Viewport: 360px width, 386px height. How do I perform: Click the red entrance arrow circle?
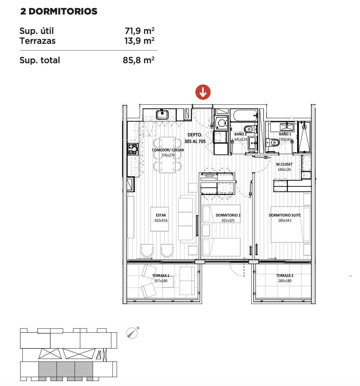pos(203,92)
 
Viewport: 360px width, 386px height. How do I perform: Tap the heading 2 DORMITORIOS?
pos(59,11)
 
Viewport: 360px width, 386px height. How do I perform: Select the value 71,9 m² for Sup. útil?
pos(140,31)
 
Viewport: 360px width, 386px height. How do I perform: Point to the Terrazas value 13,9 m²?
pos(139,41)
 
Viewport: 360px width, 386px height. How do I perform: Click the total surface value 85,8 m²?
pos(139,60)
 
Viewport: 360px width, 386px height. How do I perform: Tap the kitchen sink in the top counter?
pos(162,115)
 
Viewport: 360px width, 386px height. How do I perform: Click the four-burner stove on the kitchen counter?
pos(133,149)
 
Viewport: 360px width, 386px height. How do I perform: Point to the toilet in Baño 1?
pos(272,142)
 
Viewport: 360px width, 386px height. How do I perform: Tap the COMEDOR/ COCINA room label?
pos(168,150)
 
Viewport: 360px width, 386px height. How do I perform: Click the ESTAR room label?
pos(161,215)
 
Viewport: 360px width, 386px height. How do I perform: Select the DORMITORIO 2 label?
pos(228,215)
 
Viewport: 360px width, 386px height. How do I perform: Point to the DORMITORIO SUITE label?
pos(285,215)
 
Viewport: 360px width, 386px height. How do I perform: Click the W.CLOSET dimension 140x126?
pos(284,170)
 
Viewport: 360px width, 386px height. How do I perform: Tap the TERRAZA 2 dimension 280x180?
pos(285,281)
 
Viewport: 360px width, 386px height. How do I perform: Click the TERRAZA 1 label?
pos(161,275)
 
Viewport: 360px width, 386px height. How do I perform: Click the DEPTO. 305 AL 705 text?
pos(195,138)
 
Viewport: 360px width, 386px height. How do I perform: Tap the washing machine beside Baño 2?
pos(221,123)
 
